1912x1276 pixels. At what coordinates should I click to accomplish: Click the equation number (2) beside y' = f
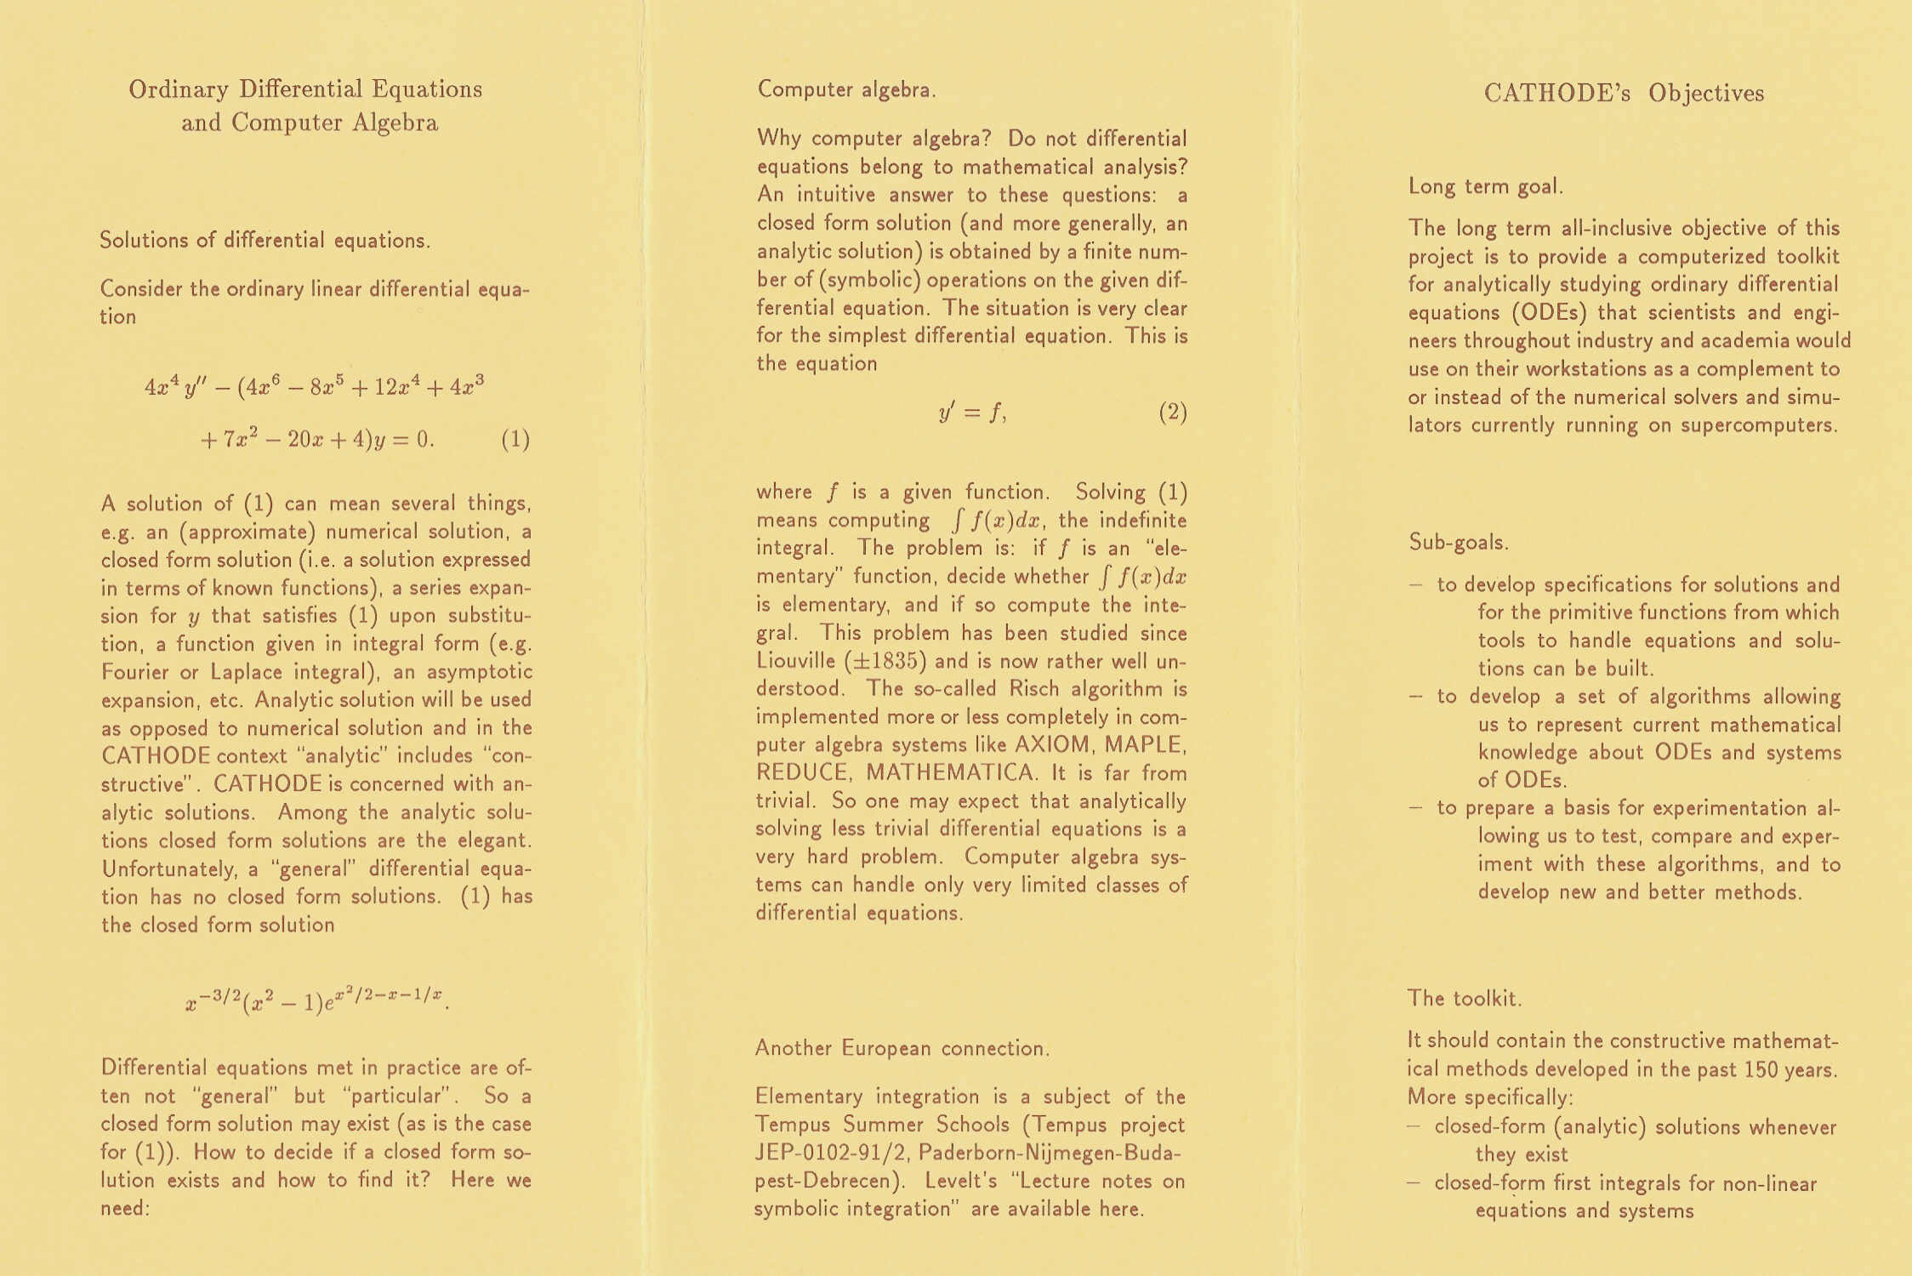coord(1172,413)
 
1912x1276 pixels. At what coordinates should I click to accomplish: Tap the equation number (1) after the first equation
coord(515,440)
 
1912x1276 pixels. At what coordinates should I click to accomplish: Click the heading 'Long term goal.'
coord(1485,186)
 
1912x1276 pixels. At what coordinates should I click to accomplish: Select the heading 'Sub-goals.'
coord(1458,542)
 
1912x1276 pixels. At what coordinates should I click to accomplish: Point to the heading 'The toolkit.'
coord(1464,998)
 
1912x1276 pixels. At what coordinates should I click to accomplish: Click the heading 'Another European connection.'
coord(902,1048)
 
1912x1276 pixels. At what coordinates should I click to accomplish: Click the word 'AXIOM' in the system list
coord(1052,744)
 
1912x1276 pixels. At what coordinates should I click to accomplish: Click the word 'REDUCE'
coord(802,773)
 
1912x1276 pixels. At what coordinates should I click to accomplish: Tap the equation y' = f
coord(972,413)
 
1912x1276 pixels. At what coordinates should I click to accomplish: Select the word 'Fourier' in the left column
coord(134,672)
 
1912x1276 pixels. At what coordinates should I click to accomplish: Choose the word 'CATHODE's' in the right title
coord(1556,94)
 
